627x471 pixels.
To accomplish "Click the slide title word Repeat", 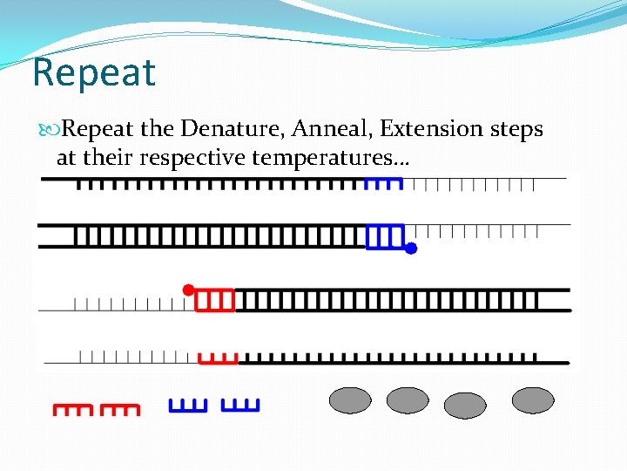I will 93,72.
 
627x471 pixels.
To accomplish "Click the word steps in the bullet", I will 517,129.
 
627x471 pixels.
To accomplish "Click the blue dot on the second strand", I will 411,249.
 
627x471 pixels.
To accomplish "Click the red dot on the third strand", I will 187,289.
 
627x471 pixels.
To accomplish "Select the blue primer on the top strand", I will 383,183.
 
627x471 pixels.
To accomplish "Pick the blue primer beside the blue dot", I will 386,236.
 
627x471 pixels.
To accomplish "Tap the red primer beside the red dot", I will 215,300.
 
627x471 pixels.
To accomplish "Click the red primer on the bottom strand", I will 219,358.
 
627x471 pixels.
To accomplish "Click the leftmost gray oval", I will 350,400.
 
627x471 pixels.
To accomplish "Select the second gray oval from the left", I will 408,400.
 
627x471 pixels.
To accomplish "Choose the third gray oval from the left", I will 465,406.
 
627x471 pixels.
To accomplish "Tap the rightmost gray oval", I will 533,400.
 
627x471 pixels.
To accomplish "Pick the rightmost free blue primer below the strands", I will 240,405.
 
